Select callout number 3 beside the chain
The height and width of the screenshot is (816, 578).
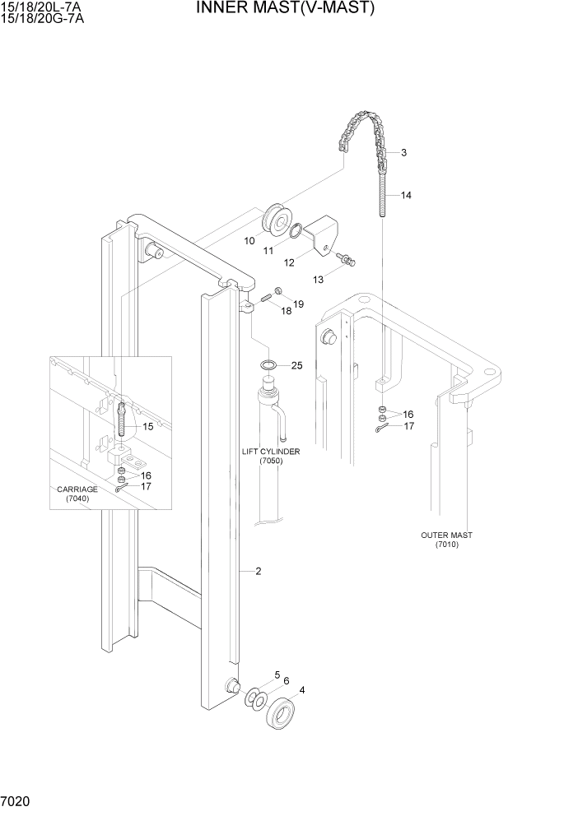tap(405, 152)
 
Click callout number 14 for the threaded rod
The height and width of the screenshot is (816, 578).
tap(407, 196)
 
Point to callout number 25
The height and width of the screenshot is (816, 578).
tap(297, 365)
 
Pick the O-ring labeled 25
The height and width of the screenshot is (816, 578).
tap(268, 364)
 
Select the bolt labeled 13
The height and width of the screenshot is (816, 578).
tap(350, 260)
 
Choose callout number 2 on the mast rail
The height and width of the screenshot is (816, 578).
tap(259, 571)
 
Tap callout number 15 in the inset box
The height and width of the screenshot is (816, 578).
tap(148, 426)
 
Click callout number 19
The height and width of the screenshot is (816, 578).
tap(298, 304)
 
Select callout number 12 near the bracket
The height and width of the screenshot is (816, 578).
tap(290, 263)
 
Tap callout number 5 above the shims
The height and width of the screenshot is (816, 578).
tap(277, 675)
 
